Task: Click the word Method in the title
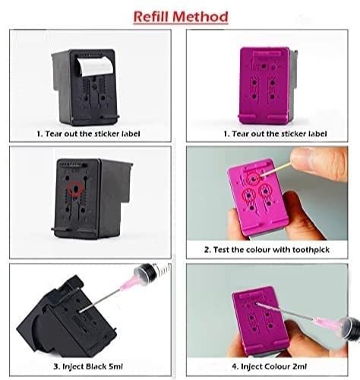click(x=201, y=17)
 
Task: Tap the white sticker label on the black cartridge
click(x=95, y=66)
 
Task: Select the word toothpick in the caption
click(x=311, y=250)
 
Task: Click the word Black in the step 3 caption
click(x=96, y=366)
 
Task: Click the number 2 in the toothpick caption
click(x=207, y=250)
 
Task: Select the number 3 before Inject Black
click(x=56, y=366)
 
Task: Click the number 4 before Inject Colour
click(x=235, y=366)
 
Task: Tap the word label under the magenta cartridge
click(x=318, y=134)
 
